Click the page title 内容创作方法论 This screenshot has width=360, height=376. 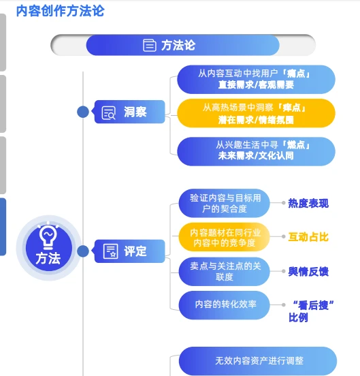coord(60,12)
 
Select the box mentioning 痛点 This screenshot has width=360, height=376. coord(256,79)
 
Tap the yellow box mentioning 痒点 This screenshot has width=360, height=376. coord(256,113)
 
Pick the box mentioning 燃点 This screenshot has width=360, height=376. coord(256,151)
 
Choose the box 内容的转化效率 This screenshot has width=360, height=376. coord(224,304)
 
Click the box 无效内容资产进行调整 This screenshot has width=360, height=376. coord(258,360)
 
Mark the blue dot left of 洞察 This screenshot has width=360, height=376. coord(83,112)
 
